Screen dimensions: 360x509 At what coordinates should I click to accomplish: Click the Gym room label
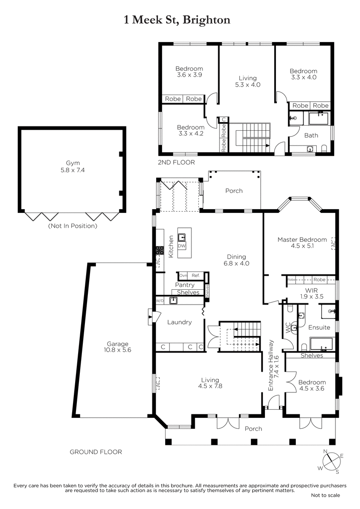click(x=73, y=163)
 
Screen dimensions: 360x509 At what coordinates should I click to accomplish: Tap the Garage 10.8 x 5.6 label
click(x=117, y=347)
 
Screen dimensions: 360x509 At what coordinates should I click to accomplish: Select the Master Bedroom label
click(x=302, y=240)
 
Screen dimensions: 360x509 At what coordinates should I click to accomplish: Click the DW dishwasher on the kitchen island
click(x=181, y=246)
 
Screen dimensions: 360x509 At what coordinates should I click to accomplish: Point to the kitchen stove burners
click(x=160, y=250)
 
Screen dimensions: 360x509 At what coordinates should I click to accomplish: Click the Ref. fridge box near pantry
click(x=196, y=275)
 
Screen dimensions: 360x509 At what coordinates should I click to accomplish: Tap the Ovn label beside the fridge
click(x=183, y=276)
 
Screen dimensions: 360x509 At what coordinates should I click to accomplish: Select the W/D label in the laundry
click(x=160, y=301)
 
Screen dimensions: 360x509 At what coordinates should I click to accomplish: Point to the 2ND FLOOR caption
click(x=176, y=162)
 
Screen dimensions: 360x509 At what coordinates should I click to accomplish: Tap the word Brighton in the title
click(x=206, y=20)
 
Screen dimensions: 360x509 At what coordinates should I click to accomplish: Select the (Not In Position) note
click(x=73, y=226)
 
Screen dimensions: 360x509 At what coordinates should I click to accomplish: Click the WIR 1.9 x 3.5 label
click(x=311, y=294)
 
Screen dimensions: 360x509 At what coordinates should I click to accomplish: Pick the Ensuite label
click(x=319, y=327)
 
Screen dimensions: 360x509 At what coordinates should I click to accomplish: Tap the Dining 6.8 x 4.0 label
click(x=236, y=260)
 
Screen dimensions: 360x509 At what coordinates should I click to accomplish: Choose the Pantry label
click(x=185, y=285)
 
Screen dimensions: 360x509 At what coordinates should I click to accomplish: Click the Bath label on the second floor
click(x=311, y=135)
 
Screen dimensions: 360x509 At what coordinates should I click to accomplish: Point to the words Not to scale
click(x=326, y=501)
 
